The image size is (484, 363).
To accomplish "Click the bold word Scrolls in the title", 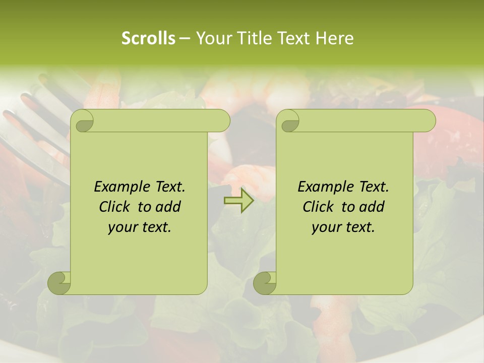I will click(148, 38).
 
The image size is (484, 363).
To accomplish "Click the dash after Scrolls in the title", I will click(185, 39).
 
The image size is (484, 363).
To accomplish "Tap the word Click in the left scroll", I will click(114, 207).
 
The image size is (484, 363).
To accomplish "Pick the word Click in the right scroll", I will click(318, 207).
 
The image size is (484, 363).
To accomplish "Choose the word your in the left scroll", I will click(121, 227).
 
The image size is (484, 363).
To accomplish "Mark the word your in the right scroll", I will click(325, 227).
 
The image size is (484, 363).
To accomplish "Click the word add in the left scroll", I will click(168, 207).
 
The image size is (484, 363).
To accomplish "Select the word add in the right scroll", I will click(372, 207).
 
